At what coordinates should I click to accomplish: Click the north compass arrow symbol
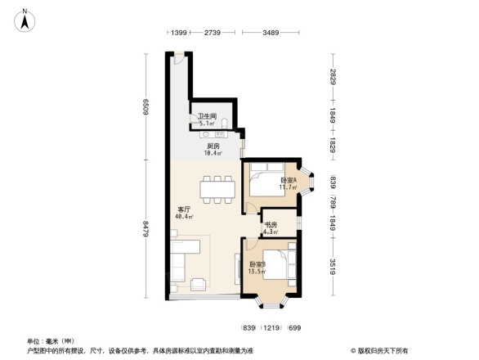tap(25, 20)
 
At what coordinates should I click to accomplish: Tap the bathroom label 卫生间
tap(206, 116)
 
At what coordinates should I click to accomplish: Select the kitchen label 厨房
tap(213, 146)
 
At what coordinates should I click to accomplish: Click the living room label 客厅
tap(185, 209)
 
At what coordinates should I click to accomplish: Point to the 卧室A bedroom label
tap(288, 180)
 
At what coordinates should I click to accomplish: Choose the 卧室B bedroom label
tap(257, 264)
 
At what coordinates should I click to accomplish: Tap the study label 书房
tap(271, 224)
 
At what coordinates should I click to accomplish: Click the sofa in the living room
tap(179, 262)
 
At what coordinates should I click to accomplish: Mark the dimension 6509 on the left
tap(146, 106)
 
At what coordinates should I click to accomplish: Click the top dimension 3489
tap(273, 33)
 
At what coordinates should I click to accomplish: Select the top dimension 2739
tap(214, 33)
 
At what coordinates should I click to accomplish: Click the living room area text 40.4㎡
tap(184, 218)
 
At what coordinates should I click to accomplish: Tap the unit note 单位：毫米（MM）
tap(51, 340)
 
